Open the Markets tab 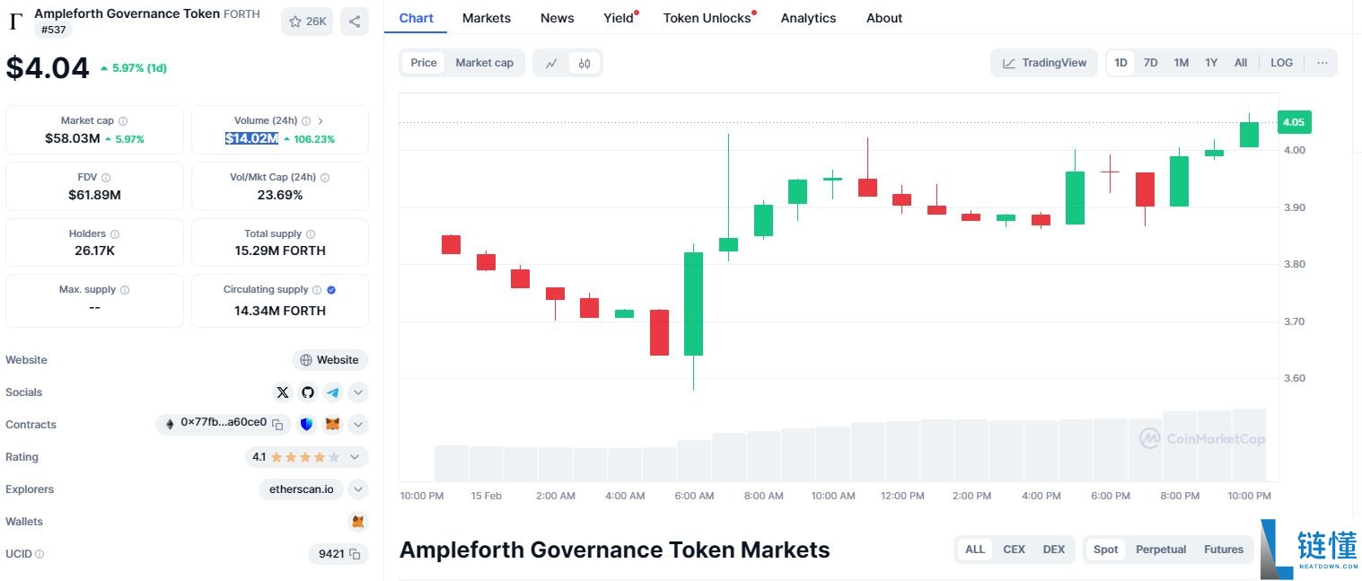[486, 18]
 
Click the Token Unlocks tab [707, 18]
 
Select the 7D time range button [1150, 63]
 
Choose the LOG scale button [1281, 63]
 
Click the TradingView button [1044, 63]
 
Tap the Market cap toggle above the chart [484, 63]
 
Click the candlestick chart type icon [584, 63]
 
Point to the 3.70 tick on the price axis [1294, 321]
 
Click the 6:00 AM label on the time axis [694, 496]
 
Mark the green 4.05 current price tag [1294, 122]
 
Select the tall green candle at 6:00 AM [693, 304]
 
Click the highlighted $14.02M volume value [251, 138]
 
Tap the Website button [330, 360]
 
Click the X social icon [283, 392]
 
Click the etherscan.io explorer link [302, 489]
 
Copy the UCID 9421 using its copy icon [356, 554]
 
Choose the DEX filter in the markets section [1053, 550]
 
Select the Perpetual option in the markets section [1161, 550]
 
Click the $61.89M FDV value [94, 195]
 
